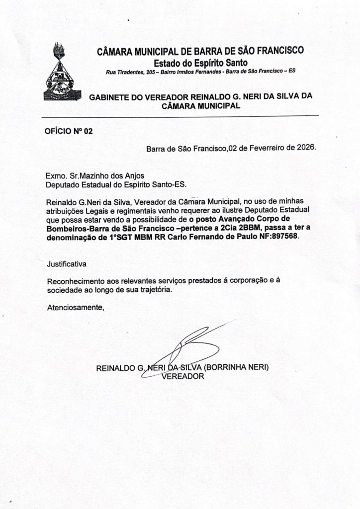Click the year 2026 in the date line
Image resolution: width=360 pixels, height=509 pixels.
304,148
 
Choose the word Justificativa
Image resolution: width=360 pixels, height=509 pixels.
67,262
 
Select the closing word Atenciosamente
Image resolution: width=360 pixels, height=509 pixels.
75,308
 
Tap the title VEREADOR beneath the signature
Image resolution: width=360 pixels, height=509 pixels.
183,377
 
